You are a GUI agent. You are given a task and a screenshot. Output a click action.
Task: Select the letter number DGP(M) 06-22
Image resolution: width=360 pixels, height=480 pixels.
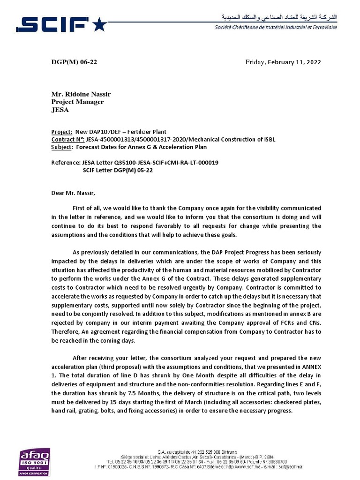tap(74, 62)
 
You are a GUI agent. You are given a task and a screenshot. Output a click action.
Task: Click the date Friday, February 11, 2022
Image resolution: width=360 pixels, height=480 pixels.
tap(284, 62)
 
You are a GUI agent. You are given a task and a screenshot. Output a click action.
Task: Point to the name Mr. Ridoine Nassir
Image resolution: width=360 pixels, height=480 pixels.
tap(81, 94)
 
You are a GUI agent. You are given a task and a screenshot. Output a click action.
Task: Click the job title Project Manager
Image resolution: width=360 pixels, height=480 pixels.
tap(77, 102)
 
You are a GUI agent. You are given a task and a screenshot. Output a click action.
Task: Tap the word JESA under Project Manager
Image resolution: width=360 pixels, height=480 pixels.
tap(60, 110)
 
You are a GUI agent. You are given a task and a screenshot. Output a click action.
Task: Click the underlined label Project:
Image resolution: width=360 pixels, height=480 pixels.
tap(62, 132)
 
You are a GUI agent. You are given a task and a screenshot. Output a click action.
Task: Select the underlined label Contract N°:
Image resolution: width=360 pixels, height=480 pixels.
tap(67, 140)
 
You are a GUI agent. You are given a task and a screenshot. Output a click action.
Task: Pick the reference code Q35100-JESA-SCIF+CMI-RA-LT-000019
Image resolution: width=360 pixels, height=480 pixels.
tap(167, 163)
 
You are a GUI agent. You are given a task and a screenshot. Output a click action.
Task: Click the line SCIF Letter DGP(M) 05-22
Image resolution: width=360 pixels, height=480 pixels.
tap(118, 170)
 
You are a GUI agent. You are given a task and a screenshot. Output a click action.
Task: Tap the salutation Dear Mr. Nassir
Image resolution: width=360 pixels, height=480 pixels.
tap(73, 193)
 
